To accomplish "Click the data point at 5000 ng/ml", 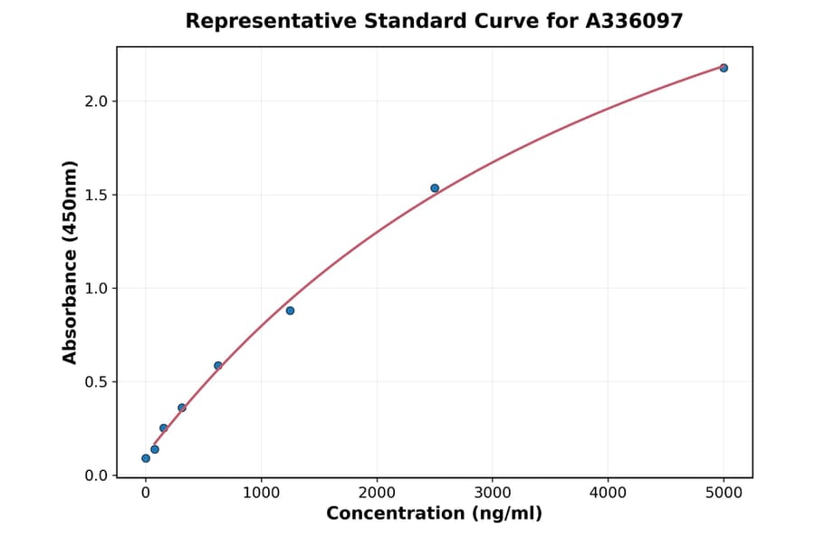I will point(724,68).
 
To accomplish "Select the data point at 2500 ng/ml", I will point(435,188).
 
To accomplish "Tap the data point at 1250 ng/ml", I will point(290,311).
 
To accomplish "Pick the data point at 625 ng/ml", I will point(218,366).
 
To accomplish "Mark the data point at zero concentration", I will point(146,458).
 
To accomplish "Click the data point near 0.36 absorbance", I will point(182,408).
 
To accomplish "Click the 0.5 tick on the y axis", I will point(96,382).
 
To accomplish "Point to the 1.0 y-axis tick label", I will point(96,289).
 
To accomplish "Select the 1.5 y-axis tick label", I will point(96,195).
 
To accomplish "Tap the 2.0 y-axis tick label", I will point(96,101).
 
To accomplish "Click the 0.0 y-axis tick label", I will point(96,476).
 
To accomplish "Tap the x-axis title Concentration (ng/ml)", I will point(434,514).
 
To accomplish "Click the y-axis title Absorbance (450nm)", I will point(71,262).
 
